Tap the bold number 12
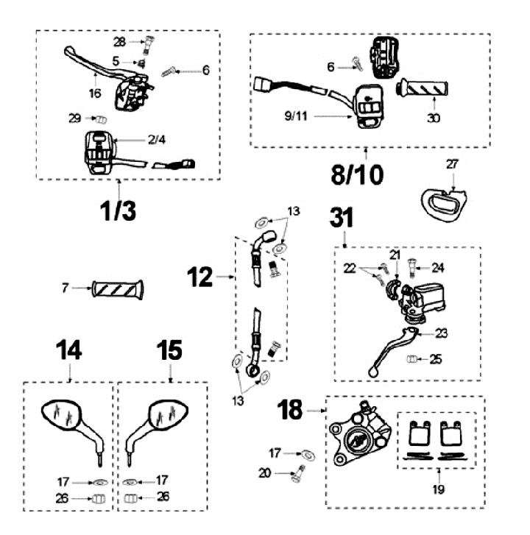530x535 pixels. coord(200,277)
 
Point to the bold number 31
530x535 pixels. coord(342,218)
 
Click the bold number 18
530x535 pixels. coord(291,411)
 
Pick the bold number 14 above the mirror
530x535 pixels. coord(70,351)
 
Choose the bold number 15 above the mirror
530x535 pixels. coord(170,351)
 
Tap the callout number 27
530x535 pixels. coord(451,165)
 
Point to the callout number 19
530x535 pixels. coord(439,487)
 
